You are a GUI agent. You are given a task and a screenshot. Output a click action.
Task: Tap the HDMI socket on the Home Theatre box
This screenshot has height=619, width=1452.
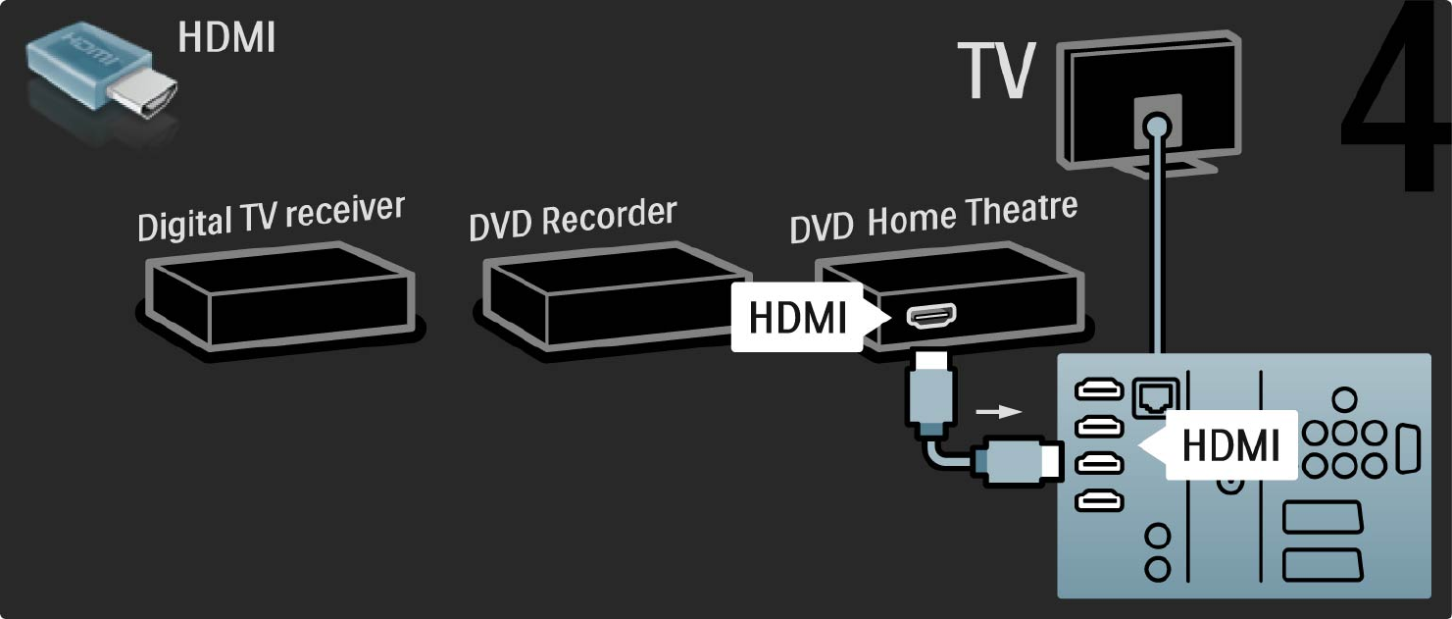[924, 316]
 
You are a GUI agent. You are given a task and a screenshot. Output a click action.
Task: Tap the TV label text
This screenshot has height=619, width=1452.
[996, 72]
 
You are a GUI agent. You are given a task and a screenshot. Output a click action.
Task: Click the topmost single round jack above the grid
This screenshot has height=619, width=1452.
[1345, 399]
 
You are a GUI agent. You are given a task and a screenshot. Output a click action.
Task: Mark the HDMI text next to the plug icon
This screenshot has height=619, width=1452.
[226, 38]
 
